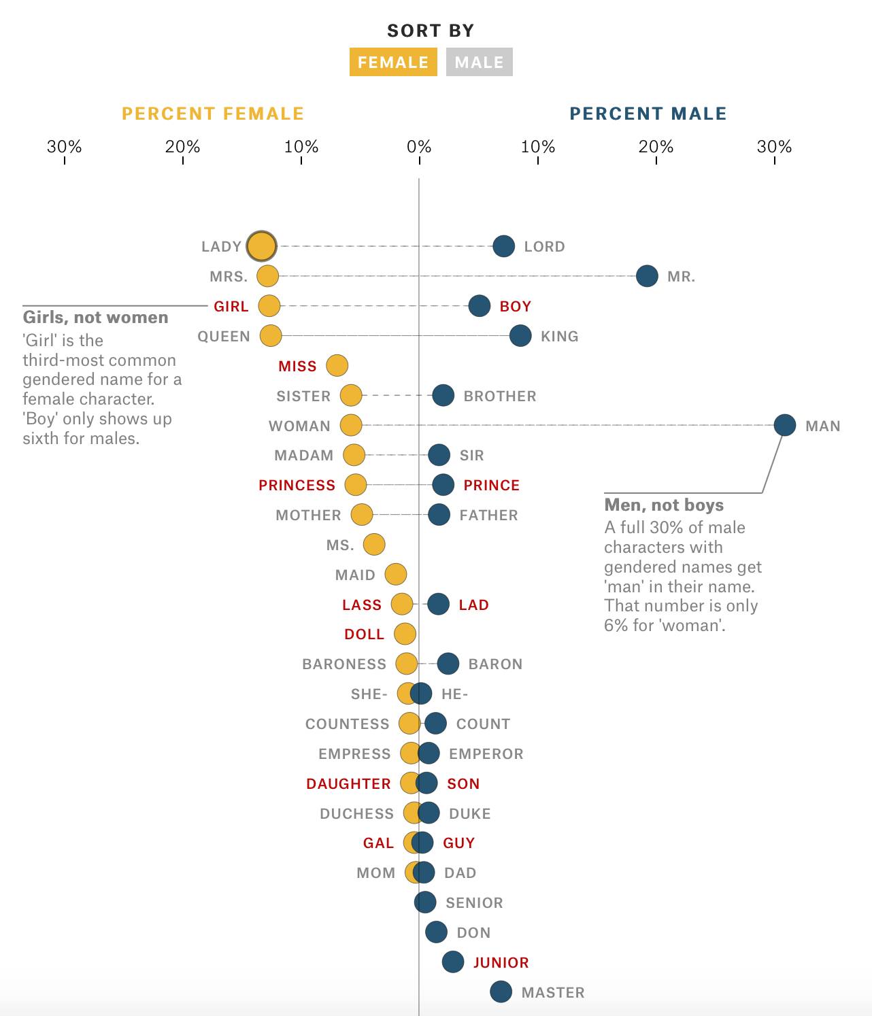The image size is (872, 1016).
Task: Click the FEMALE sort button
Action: click(393, 62)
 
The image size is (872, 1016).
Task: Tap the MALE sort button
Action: click(479, 62)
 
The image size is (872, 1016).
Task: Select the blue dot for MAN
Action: click(784, 425)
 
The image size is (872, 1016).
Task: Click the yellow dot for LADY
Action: click(261, 246)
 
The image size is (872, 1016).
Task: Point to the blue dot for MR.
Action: click(647, 276)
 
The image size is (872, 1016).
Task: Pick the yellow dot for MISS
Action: click(337, 365)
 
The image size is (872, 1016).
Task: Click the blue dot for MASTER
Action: click(501, 992)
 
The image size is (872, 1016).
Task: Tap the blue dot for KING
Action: click(520, 335)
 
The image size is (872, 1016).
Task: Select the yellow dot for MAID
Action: click(395, 574)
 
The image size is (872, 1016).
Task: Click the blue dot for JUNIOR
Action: click(453, 962)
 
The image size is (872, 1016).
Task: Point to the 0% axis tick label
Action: click(419, 147)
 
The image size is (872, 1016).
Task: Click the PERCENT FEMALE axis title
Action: click(213, 114)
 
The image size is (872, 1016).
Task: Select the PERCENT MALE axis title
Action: click(648, 114)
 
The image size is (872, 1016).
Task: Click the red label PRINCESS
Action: click(297, 485)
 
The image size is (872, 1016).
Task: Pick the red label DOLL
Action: click(364, 634)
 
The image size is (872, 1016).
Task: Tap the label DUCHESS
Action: click(356, 813)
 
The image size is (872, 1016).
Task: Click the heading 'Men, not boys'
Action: click(664, 505)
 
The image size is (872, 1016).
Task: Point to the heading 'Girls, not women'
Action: click(95, 318)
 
